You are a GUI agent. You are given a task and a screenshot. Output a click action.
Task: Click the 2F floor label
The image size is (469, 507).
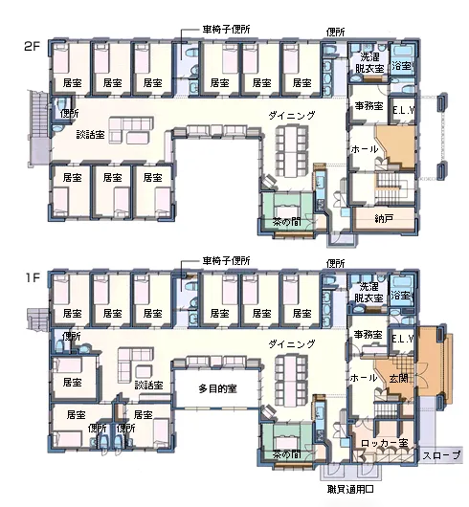(32, 46)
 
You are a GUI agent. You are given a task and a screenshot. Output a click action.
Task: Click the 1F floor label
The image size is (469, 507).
(33, 277)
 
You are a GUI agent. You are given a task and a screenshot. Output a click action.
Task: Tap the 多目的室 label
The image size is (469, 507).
(217, 388)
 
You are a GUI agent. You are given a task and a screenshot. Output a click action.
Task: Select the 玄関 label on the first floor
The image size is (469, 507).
(398, 378)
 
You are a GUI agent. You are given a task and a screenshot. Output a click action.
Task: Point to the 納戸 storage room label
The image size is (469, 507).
(384, 218)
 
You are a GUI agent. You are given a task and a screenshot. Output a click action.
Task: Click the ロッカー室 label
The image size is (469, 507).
(384, 443)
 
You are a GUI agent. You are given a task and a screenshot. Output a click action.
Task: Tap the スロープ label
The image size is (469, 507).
(441, 455)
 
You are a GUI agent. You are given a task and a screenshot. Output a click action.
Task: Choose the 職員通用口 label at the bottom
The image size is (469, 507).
(350, 489)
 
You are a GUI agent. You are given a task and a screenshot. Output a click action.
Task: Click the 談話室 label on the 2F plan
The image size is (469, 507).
(91, 134)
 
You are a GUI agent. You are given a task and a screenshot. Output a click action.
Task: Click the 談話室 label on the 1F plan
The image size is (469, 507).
(148, 386)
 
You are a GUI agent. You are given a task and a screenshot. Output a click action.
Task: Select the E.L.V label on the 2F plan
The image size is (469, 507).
(403, 111)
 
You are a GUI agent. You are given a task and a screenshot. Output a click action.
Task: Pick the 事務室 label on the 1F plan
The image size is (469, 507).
(368, 334)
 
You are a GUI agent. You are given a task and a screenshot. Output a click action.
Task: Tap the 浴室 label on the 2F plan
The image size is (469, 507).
(401, 66)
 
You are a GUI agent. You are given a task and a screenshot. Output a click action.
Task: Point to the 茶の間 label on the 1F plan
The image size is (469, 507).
(286, 454)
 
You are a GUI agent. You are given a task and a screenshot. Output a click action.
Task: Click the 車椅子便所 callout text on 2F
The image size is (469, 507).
(226, 30)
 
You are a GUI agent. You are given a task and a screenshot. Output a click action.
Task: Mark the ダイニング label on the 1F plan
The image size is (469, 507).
(291, 344)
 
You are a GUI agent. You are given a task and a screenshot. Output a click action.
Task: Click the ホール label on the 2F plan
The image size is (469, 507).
(365, 149)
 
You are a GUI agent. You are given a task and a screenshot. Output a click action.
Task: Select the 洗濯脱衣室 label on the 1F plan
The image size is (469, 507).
(369, 292)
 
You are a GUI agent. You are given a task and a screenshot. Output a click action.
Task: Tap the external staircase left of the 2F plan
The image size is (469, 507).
(39, 128)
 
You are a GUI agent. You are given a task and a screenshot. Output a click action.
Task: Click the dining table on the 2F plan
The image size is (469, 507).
(291, 151)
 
